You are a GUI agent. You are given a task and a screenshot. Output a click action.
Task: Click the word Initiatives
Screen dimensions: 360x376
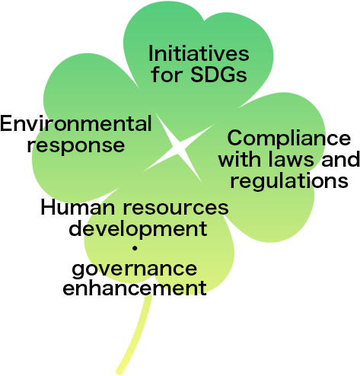pyautogui.click(x=199, y=53)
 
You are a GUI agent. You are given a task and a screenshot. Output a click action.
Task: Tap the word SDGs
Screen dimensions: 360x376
pyautogui.click(x=218, y=75)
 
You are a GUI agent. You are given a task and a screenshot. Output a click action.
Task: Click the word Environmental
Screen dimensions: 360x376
pyautogui.click(x=76, y=123)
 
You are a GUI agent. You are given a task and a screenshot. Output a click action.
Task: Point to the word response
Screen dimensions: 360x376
pyautogui.click(x=76, y=145)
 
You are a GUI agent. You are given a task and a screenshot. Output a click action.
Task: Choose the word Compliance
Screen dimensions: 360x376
pyautogui.click(x=289, y=139)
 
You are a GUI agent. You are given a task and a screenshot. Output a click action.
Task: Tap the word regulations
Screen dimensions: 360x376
pyautogui.click(x=289, y=181)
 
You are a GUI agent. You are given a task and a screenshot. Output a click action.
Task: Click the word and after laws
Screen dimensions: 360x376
pyautogui.click(x=340, y=159)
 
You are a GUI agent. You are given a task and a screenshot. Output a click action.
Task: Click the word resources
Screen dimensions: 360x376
pyautogui.click(x=176, y=207)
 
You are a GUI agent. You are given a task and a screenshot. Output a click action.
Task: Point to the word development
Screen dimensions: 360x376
pyautogui.click(x=138, y=229)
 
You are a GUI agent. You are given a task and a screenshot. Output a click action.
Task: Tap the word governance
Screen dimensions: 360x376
pyautogui.click(x=135, y=269)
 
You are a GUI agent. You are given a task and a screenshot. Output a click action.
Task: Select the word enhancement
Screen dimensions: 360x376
pyautogui.click(x=135, y=288)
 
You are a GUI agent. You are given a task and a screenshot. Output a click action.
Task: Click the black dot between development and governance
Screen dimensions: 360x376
pyautogui.click(x=135, y=248)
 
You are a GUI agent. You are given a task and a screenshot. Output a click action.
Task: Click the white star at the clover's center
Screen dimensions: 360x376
pyautogui.click(x=180, y=148)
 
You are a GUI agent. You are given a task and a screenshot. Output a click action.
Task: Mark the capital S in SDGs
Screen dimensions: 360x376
pyautogui.click(x=198, y=75)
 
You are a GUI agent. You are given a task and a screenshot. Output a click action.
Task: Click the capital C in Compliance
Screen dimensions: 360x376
pyautogui.click(x=235, y=138)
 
